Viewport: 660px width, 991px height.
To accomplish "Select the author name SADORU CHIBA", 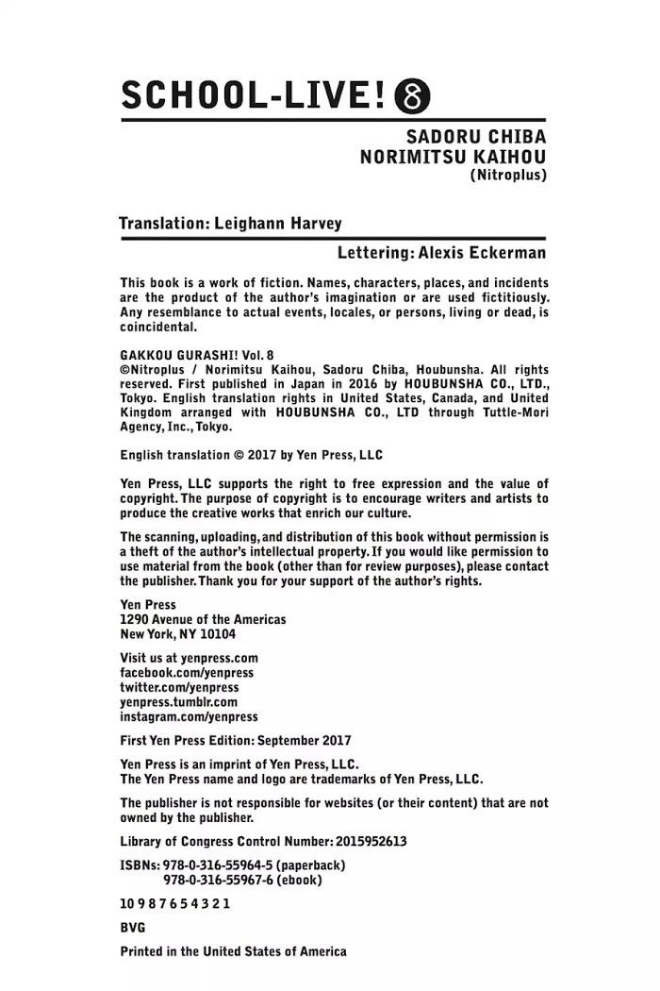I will click(x=477, y=137).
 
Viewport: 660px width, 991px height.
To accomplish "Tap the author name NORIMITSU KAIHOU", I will click(x=453, y=157).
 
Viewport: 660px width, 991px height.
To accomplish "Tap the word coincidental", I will click(x=158, y=328).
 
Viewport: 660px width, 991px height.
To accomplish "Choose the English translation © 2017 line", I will click(x=251, y=455).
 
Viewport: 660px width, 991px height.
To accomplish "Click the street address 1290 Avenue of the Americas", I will click(x=203, y=620).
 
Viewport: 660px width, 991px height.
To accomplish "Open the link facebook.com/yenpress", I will click(x=187, y=673).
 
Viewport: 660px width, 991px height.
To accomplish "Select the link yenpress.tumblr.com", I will click(x=179, y=702).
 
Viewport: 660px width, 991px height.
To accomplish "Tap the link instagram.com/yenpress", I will click(x=189, y=717).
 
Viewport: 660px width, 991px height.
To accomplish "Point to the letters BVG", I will click(x=134, y=928).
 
